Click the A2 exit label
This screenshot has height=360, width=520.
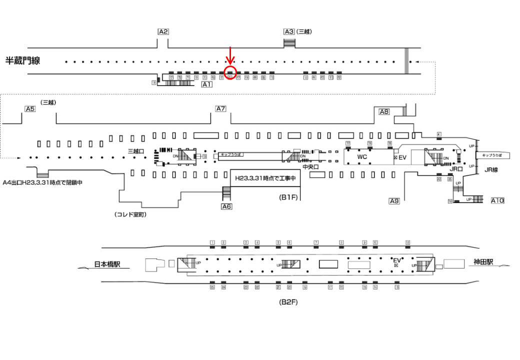163,31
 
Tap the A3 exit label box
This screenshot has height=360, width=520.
289,31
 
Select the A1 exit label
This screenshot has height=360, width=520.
206,84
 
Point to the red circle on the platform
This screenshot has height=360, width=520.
230,73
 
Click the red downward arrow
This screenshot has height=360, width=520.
230,55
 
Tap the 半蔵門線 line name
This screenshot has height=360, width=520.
22,61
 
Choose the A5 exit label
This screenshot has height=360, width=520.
30,108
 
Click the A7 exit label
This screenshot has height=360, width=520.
221,108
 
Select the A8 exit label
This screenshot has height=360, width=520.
384,112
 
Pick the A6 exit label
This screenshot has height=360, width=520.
226,206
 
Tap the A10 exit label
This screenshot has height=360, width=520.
497,200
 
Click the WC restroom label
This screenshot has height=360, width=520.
362,156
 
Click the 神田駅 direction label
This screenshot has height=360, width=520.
483,262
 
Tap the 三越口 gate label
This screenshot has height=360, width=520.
136,151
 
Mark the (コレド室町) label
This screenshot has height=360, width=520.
130,214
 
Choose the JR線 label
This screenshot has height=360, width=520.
491,170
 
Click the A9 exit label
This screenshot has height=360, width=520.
394,201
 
